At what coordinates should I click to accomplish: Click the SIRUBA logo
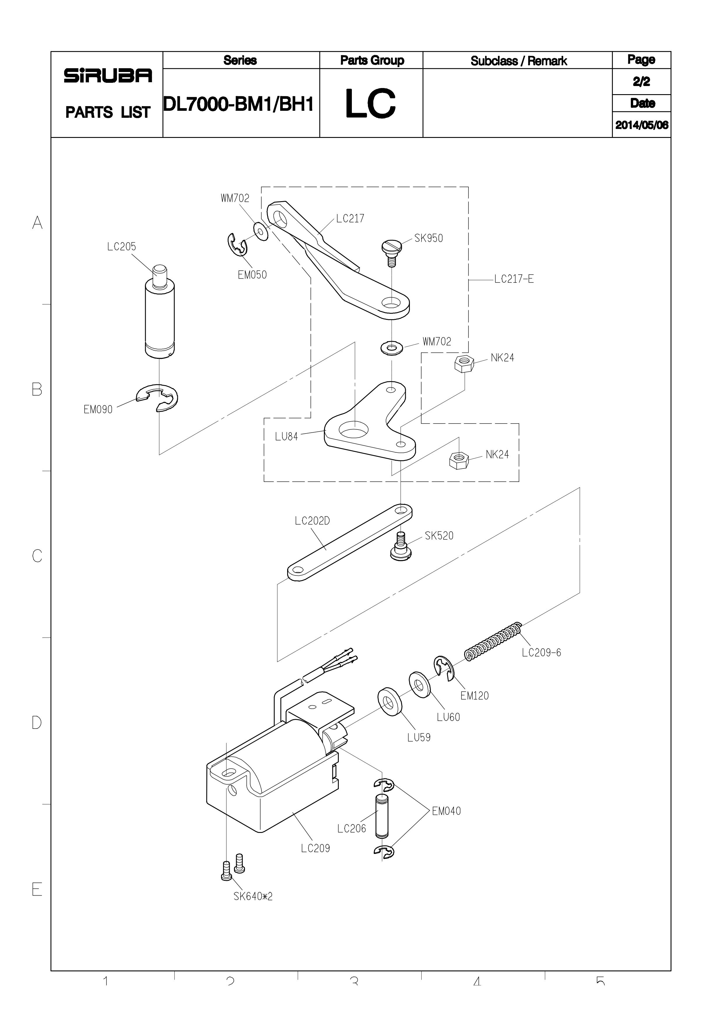pos(108,76)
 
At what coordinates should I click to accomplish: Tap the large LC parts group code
pos(370,104)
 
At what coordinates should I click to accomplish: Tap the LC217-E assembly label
pos(514,279)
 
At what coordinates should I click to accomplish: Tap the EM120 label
pos(474,696)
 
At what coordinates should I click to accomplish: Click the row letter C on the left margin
pos(37,556)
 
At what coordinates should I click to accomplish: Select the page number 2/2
pos(641,82)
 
